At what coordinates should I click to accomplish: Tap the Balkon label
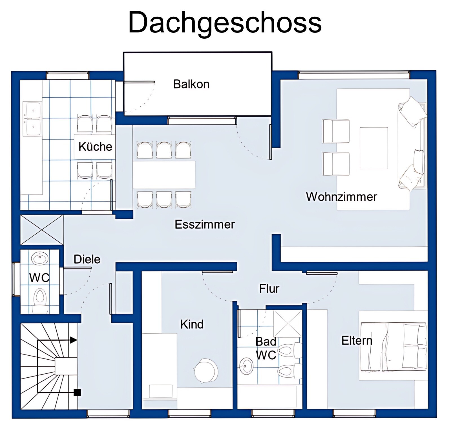click(191, 84)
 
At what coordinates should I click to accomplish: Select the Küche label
click(95, 146)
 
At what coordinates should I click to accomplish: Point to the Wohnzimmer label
click(341, 197)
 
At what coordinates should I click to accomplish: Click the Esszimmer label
click(205, 224)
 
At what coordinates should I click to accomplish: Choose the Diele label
click(87, 259)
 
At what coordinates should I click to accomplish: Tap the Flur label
click(269, 289)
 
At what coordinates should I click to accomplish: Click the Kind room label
click(192, 324)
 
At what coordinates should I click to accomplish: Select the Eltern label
click(357, 341)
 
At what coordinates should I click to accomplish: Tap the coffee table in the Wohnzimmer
click(374, 148)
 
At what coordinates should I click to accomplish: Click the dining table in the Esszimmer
click(164, 175)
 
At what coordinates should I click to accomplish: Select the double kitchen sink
click(33, 119)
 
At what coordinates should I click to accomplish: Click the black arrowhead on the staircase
click(73, 340)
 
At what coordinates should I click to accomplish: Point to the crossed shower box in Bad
click(288, 324)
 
